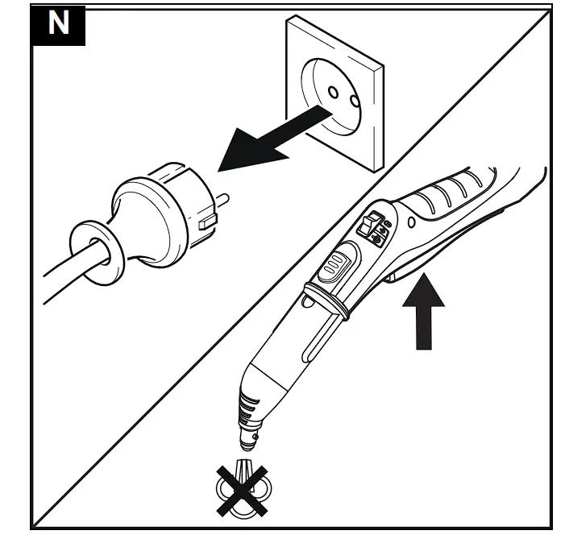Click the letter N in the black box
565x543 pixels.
pos(59,24)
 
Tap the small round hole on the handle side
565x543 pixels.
pos(411,220)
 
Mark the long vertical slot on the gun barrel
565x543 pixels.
pos(310,339)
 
